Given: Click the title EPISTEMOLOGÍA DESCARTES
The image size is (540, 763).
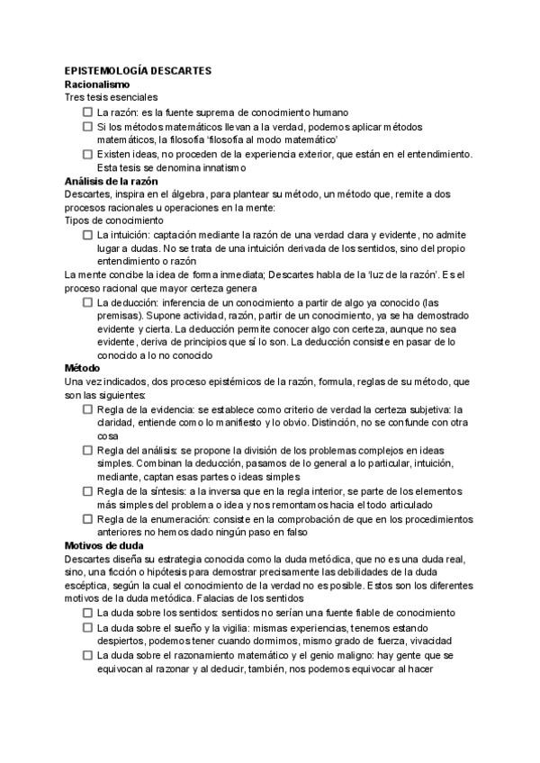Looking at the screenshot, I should tap(137, 69).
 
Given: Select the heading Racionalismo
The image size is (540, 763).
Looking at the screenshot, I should tap(97, 83).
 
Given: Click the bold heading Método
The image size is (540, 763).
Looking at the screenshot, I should tap(83, 368).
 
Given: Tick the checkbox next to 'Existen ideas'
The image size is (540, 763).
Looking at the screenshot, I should tap(88, 154).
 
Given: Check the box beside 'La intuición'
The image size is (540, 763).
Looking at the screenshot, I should tap(88, 234).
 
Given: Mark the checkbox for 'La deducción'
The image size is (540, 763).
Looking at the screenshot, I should tap(88, 302).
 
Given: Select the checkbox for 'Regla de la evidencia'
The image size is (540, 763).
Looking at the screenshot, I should tap(88, 408).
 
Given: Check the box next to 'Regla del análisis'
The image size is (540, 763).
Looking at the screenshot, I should tap(88, 450).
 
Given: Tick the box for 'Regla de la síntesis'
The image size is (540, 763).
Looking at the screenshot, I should tap(88, 491).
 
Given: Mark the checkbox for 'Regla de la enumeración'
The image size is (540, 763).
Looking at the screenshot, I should tap(88, 519).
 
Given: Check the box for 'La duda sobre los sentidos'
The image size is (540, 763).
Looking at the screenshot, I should tap(88, 612).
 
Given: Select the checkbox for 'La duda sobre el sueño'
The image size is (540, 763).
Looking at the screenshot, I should tap(88, 627).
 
